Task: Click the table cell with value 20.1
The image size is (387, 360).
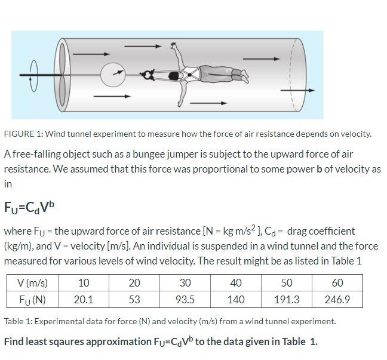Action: tap(83, 299)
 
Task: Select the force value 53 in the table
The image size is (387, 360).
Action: tap(134, 299)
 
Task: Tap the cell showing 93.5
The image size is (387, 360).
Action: tap(185, 299)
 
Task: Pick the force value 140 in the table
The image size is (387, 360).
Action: tap(236, 299)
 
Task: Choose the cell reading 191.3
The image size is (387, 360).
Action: tap(287, 299)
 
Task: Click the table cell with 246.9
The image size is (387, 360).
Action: tap(337, 299)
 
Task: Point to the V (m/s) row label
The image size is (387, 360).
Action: tap(33, 283)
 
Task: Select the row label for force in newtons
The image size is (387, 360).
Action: tap(33, 299)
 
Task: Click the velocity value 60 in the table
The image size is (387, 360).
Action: tap(337, 283)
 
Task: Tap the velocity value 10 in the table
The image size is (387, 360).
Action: tap(83, 283)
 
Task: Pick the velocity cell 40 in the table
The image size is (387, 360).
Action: tap(236, 283)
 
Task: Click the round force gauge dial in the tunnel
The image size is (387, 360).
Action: tap(113, 75)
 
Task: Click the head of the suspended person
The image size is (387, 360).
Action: tap(174, 76)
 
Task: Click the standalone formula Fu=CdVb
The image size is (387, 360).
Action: tap(29, 208)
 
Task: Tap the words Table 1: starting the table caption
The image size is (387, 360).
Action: tap(18, 321)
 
